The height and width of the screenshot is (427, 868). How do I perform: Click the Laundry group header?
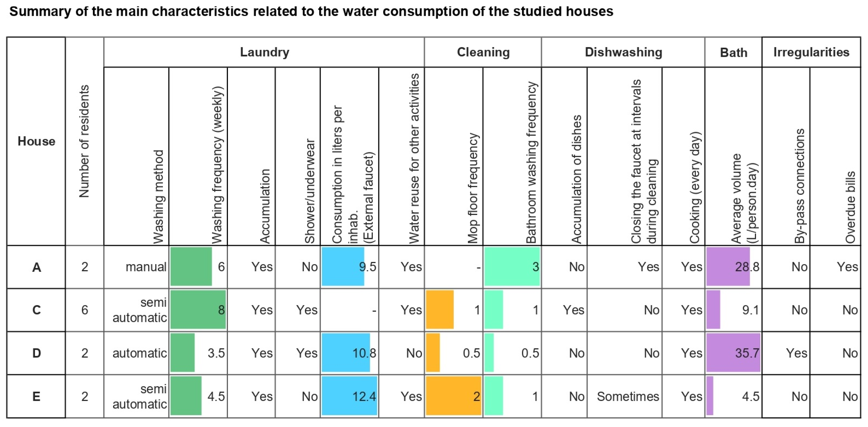tap(265, 52)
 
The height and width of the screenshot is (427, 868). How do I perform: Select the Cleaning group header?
tap(483, 52)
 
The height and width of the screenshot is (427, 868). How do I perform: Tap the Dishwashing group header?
tap(623, 52)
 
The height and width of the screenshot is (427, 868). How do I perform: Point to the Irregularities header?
tap(811, 52)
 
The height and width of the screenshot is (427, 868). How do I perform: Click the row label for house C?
tap(36, 310)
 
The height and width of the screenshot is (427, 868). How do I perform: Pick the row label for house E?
tap(36, 396)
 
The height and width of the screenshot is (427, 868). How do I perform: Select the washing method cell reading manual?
tap(146, 267)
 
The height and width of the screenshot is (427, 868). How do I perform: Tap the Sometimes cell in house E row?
tap(628, 396)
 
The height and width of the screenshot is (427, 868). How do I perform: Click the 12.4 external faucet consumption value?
tap(364, 396)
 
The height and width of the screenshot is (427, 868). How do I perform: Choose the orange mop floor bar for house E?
tap(453, 396)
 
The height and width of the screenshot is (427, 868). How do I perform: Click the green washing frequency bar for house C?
tap(198, 309)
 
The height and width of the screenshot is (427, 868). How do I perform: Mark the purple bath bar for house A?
tap(728, 267)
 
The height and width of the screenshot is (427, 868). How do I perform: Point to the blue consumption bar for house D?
tap(345, 352)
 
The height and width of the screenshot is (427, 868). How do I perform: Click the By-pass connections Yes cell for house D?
tap(796, 353)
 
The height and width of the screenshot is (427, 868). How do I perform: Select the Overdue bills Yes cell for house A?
tap(847, 267)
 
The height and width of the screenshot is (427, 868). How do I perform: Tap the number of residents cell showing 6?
tap(85, 310)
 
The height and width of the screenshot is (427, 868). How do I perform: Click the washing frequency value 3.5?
tap(216, 353)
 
